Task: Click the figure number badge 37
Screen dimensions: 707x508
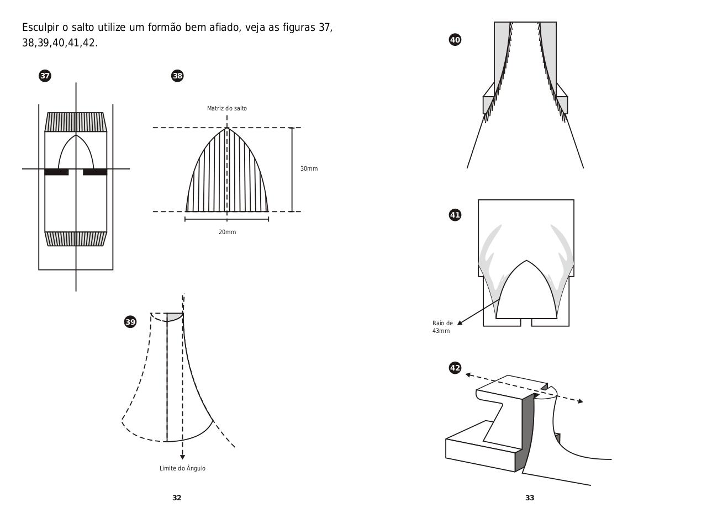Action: [x=45, y=76]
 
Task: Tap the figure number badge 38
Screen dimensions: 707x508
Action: [x=177, y=76]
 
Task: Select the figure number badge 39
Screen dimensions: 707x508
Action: [x=130, y=322]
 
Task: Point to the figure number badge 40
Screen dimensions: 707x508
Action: [x=455, y=40]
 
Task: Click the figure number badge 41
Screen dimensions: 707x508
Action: [x=455, y=215]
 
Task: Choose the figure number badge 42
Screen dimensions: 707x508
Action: [x=455, y=368]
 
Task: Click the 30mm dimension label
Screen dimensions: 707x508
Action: [x=309, y=168]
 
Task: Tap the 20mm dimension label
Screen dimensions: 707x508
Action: [x=227, y=232]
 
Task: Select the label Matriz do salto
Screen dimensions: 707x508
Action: [x=227, y=108]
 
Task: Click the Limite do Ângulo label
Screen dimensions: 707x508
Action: [x=182, y=468]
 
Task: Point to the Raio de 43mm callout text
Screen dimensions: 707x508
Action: [x=442, y=327]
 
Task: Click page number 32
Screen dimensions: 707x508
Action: [x=177, y=498]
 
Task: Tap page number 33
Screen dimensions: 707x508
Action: [x=530, y=498]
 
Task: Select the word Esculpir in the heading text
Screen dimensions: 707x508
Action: [x=40, y=28]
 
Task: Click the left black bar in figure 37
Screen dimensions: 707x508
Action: [x=56, y=172]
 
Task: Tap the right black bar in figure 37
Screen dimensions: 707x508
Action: [x=94, y=172]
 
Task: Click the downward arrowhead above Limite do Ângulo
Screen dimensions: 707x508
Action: [x=182, y=457]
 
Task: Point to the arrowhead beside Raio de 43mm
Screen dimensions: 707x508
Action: [x=460, y=322]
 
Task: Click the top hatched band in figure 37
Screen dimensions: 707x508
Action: [x=76, y=122]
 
